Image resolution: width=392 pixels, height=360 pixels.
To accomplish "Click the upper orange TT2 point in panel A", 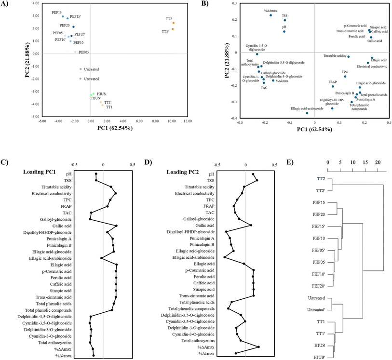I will tap(173, 23).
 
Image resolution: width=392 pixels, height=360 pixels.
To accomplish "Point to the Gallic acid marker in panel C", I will tap(116, 226).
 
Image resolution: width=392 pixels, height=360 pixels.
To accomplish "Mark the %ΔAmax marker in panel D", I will tap(259, 347).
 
